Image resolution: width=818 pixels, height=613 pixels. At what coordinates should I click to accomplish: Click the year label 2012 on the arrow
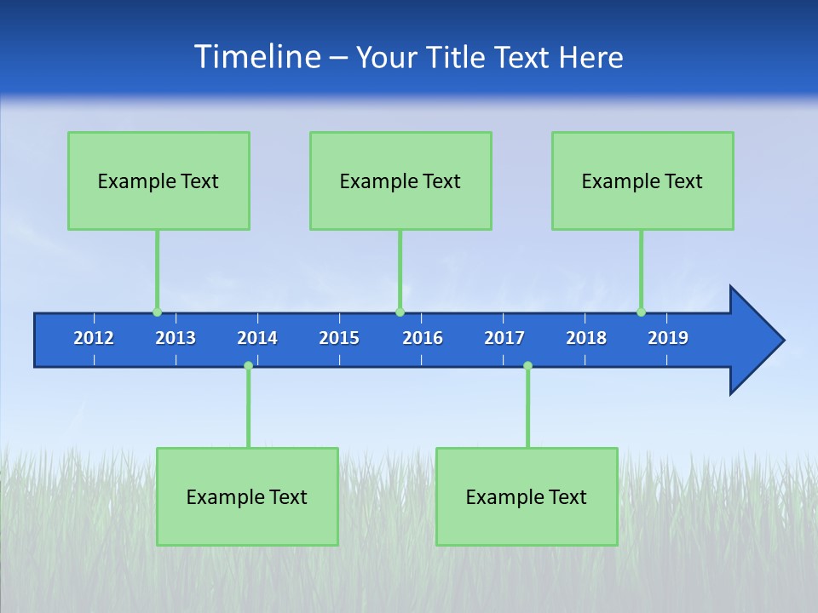(94, 338)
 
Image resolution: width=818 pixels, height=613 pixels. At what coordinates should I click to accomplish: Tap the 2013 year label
(176, 338)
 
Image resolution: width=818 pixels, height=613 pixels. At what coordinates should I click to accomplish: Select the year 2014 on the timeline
(257, 338)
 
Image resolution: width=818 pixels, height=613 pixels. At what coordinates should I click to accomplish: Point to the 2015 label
(339, 338)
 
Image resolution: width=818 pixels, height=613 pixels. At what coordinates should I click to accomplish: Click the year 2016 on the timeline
(423, 338)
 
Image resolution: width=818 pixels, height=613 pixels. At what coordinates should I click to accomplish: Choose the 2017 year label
(504, 338)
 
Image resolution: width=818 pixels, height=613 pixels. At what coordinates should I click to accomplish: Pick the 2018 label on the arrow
(586, 338)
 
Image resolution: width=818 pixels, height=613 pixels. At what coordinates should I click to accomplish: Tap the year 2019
(668, 338)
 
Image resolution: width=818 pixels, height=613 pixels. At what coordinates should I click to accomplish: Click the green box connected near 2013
(158, 180)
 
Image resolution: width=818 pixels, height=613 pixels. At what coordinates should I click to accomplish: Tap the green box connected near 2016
(400, 180)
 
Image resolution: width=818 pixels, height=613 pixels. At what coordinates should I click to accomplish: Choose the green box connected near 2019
(642, 180)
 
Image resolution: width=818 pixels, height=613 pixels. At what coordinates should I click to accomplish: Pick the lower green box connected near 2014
(247, 496)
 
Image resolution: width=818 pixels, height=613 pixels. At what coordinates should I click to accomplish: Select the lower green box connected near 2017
(527, 496)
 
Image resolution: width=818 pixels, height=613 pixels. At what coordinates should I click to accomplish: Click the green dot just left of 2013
(157, 312)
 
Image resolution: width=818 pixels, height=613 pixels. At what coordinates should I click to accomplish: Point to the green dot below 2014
(248, 366)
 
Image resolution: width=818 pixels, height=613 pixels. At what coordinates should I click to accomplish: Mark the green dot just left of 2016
(400, 312)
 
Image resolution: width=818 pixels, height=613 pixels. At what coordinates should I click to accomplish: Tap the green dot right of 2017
(527, 366)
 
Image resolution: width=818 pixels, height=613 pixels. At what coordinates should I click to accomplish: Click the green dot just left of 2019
(641, 312)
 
